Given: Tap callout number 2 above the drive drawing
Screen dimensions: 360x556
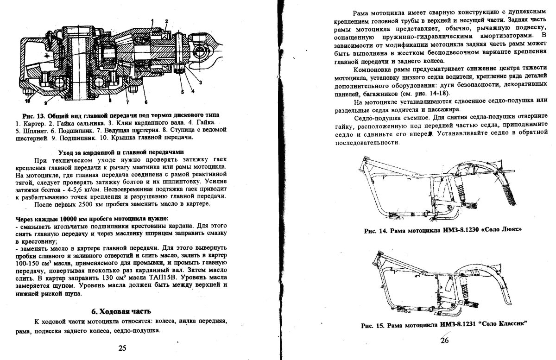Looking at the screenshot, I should tap(170, 23).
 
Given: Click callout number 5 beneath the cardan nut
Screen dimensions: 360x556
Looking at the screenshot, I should tap(182, 92).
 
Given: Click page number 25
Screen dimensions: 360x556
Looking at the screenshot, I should tap(122, 348).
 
